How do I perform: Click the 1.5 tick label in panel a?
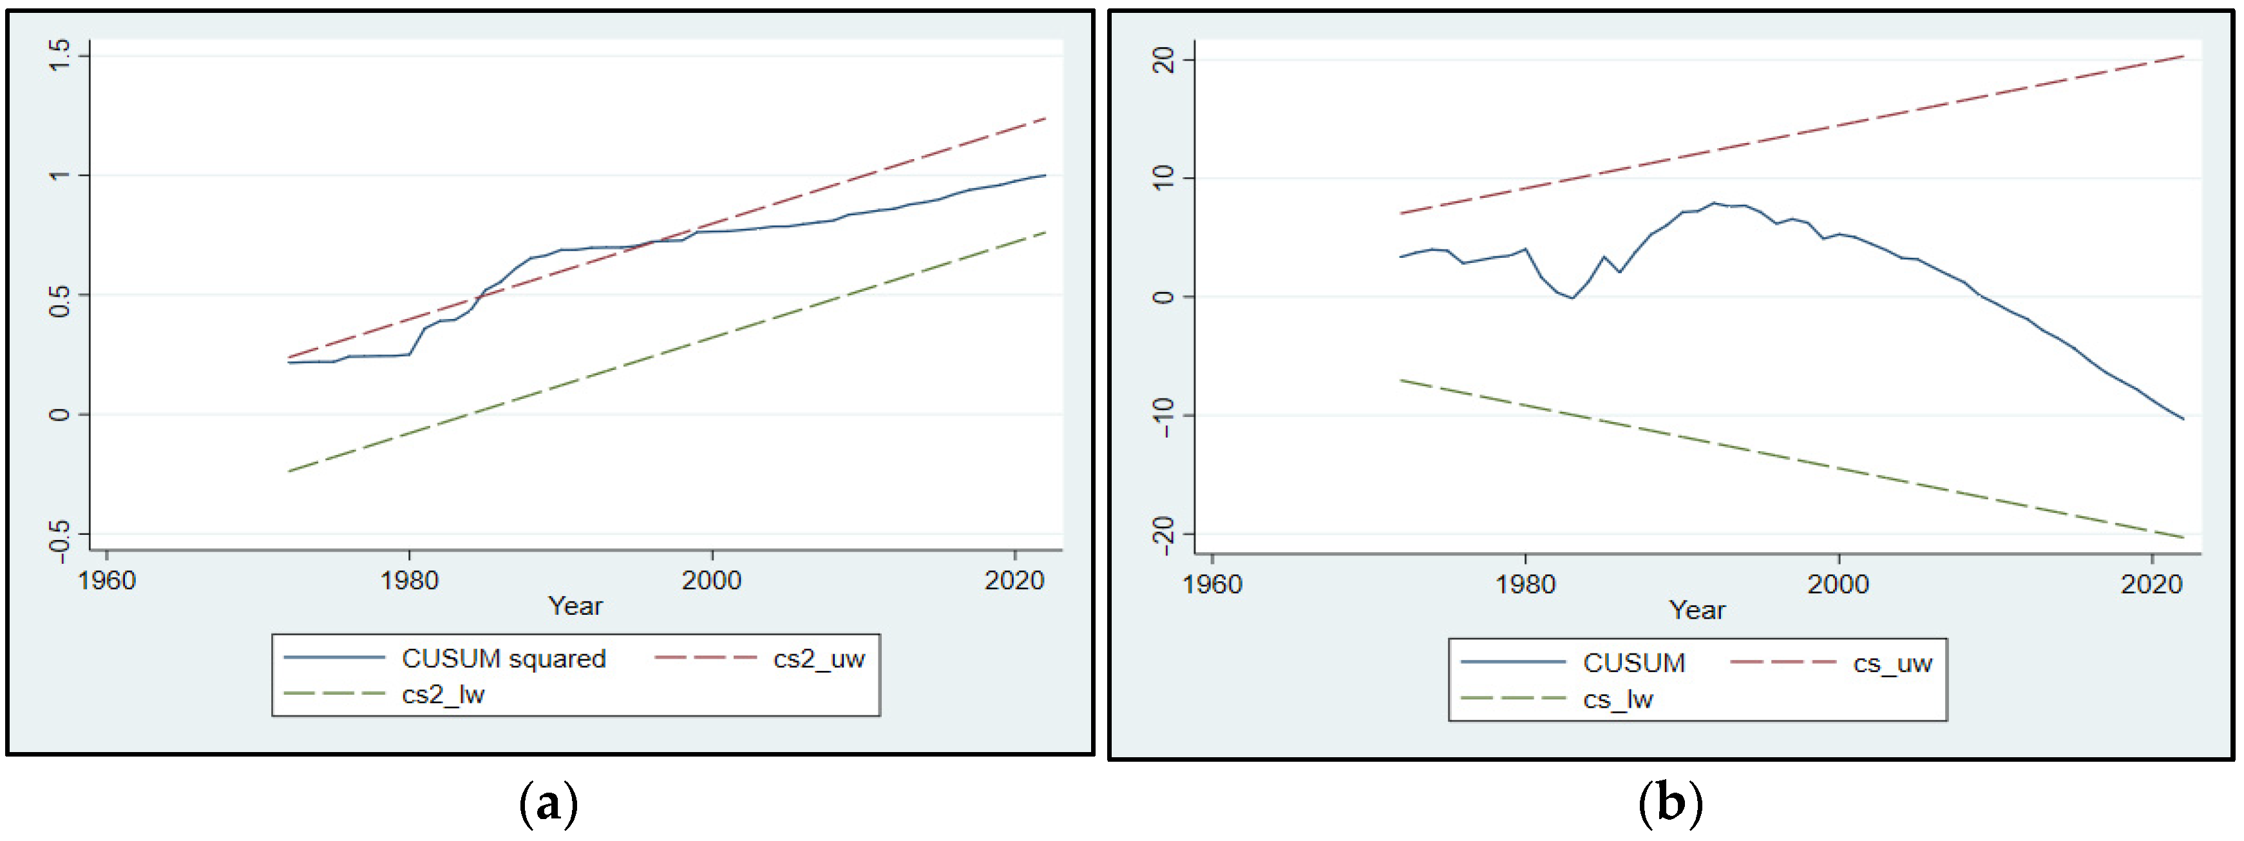tap(59, 57)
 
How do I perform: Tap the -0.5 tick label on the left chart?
tap(59, 540)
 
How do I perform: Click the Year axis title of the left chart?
tap(575, 606)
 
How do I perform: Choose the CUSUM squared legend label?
tap(504, 658)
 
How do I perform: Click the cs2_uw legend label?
tap(818, 658)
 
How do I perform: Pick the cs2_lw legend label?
tap(442, 695)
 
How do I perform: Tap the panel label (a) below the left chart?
tap(548, 802)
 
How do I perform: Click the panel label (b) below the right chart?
tap(1670, 802)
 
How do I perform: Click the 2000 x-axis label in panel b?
tap(1838, 584)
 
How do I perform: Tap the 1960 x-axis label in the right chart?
tap(1212, 584)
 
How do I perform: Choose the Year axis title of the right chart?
tap(1697, 610)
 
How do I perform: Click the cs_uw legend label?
tap(1892, 663)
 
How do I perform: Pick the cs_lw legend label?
tap(1618, 699)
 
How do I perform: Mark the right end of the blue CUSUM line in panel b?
tap(2183, 419)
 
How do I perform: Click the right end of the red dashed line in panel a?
tap(1045, 119)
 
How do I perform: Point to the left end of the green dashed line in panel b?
tap(1401, 381)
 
